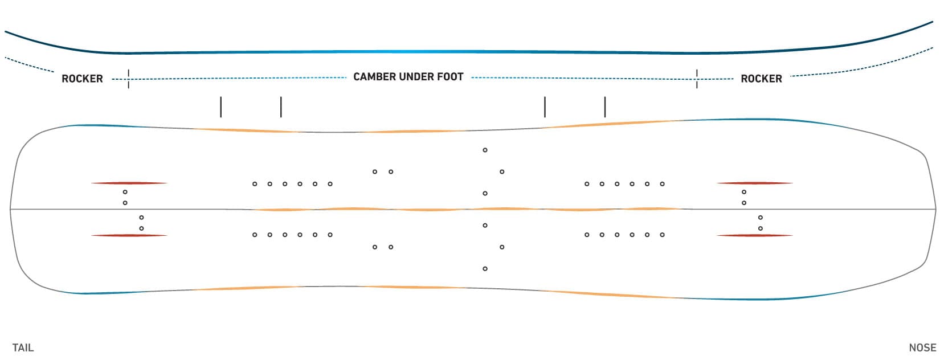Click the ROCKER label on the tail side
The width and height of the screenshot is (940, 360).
[82, 79]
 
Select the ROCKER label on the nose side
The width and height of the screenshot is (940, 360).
[761, 79]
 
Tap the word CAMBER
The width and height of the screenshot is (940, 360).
[374, 77]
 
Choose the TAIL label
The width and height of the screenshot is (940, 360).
[23, 347]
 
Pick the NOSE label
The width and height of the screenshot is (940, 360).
[922, 347]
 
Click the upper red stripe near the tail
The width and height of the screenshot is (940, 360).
[129, 183]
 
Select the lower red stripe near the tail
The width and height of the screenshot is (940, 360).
[129, 235]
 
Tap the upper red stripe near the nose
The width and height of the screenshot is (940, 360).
[755, 183]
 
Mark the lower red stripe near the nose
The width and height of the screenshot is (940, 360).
[755, 235]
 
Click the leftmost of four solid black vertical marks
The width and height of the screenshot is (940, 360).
[220, 107]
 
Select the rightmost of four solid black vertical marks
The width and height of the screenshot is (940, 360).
[604, 107]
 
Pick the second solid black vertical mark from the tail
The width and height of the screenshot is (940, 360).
[281, 107]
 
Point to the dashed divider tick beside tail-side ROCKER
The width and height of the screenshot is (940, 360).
[128, 79]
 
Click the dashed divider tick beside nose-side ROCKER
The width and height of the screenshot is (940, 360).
[697, 79]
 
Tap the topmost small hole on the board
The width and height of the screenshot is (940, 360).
[485, 150]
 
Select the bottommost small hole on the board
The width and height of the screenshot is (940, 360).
[485, 268]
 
